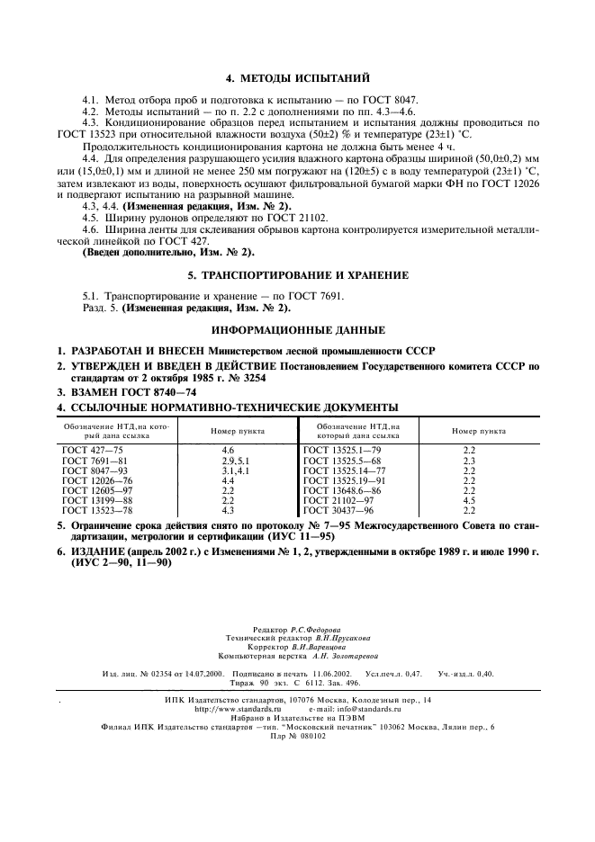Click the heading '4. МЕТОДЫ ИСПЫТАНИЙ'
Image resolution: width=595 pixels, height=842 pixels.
pyautogui.click(x=297, y=79)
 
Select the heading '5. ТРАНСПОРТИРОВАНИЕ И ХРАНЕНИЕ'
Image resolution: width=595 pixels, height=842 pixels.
pyautogui.click(x=297, y=274)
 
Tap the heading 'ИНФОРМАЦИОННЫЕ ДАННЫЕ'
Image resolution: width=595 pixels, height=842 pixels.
pyautogui.click(x=297, y=329)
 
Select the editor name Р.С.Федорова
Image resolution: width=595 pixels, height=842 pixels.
pyautogui.click(x=315, y=630)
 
